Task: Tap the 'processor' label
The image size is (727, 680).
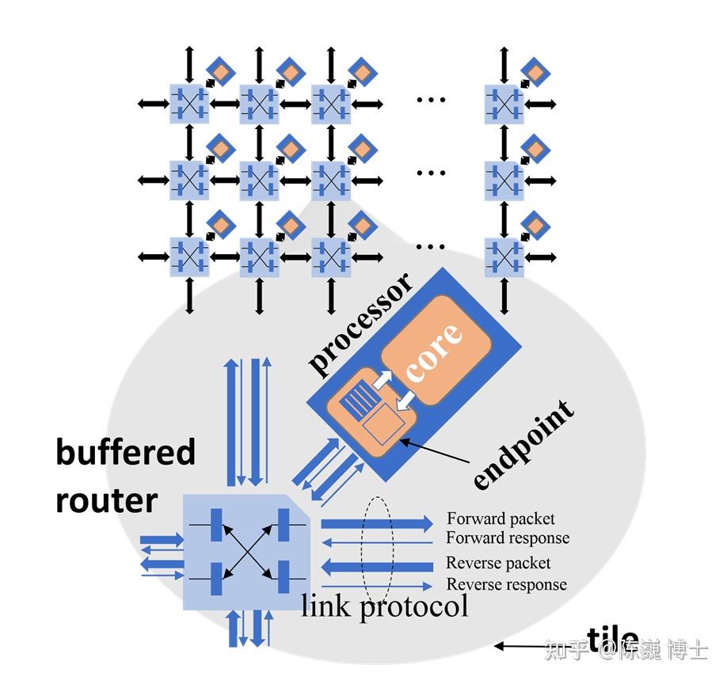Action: pos(361,325)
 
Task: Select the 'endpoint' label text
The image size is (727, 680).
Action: pos(524,445)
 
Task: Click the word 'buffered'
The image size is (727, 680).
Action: pos(125,453)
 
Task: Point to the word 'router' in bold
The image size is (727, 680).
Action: pos(106,500)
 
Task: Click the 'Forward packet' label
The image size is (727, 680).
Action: pos(501,519)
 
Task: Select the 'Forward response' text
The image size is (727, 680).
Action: pos(508,538)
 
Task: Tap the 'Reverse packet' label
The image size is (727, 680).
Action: pos(498,564)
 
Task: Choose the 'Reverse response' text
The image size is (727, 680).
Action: pos(507,585)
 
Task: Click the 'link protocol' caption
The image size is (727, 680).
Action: pos(385,607)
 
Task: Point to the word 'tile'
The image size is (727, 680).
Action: pos(611,638)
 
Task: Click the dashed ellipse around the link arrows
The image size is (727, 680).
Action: pos(377,548)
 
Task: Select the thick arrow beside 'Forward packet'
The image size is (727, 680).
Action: pos(377,522)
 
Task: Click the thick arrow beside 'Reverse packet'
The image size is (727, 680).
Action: pos(377,567)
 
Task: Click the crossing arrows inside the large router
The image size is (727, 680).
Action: pos(247,551)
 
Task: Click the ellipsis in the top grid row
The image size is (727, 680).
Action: pos(431,100)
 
